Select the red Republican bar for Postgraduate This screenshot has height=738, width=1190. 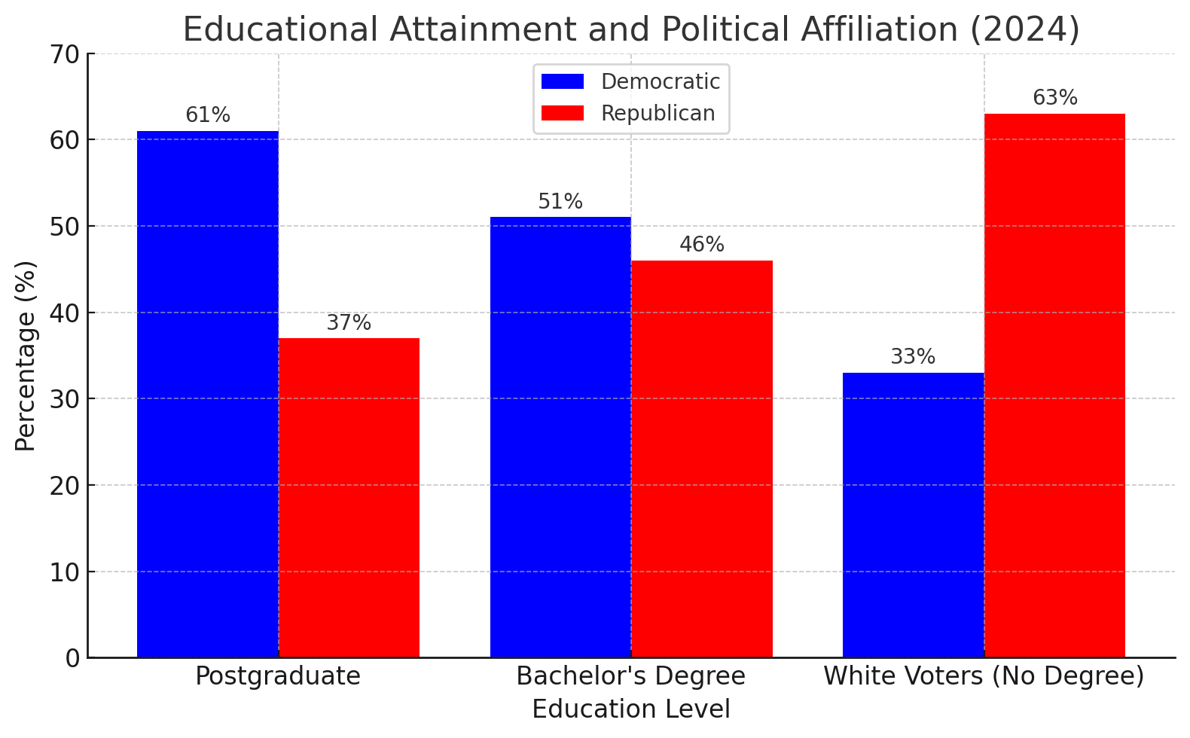(x=349, y=498)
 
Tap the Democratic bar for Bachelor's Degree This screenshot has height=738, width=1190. (x=560, y=437)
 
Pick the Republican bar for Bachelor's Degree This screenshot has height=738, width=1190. (x=702, y=459)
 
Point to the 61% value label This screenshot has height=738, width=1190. (x=208, y=115)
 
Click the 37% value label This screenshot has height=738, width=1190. (x=349, y=323)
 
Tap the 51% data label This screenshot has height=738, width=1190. (x=560, y=202)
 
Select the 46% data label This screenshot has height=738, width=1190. (x=702, y=245)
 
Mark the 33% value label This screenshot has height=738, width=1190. (x=913, y=357)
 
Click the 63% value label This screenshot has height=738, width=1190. (x=1054, y=98)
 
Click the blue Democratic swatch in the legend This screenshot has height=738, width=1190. (x=563, y=81)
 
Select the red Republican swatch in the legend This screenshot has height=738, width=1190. (x=563, y=113)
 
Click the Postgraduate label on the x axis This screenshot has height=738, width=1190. (x=278, y=676)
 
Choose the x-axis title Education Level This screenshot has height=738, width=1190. (x=631, y=709)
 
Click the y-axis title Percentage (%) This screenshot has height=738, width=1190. (x=26, y=355)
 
